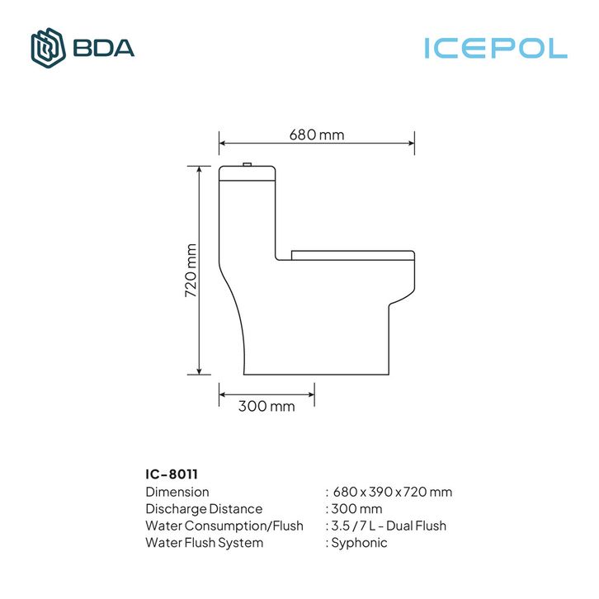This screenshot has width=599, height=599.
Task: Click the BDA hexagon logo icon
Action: point(48,48)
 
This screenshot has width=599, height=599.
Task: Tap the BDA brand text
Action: point(103,48)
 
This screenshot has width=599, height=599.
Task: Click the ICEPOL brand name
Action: point(496,49)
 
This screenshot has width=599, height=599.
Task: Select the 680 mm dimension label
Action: point(317,134)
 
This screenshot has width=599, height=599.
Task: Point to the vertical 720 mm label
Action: point(191,271)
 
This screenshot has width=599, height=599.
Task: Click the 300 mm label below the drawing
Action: point(266,406)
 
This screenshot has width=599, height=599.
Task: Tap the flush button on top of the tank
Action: point(248,164)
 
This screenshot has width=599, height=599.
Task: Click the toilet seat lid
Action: point(353,255)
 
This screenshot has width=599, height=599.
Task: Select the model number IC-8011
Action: point(172,474)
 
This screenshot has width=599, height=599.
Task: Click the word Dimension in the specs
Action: point(177,492)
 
